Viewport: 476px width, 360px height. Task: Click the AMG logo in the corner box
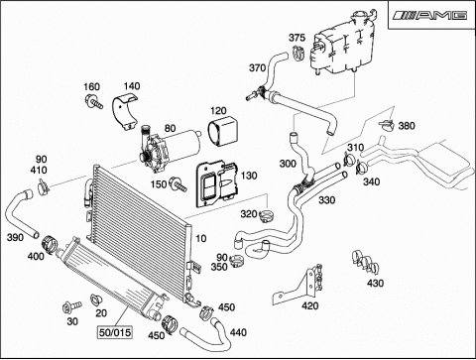(x=430, y=15)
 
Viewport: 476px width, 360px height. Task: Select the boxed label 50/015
(x=115, y=332)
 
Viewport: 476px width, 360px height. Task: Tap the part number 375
(x=297, y=38)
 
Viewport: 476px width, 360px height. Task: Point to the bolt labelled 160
(x=93, y=101)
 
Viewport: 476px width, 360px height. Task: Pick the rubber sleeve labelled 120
(x=223, y=131)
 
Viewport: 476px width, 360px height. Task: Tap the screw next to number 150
(x=178, y=184)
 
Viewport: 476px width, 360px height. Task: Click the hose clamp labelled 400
(x=50, y=245)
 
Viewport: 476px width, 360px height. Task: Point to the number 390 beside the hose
(x=15, y=237)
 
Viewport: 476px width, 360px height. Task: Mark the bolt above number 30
(x=71, y=306)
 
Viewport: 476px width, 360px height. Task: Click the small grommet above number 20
(x=96, y=300)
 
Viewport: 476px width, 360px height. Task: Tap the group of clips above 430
(x=365, y=262)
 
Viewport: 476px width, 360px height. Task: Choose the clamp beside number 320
(x=267, y=216)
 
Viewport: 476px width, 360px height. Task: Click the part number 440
(x=238, y=332)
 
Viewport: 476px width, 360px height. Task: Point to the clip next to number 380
(x=387, y=124)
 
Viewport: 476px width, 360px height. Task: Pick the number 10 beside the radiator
(x=201, y=238)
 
